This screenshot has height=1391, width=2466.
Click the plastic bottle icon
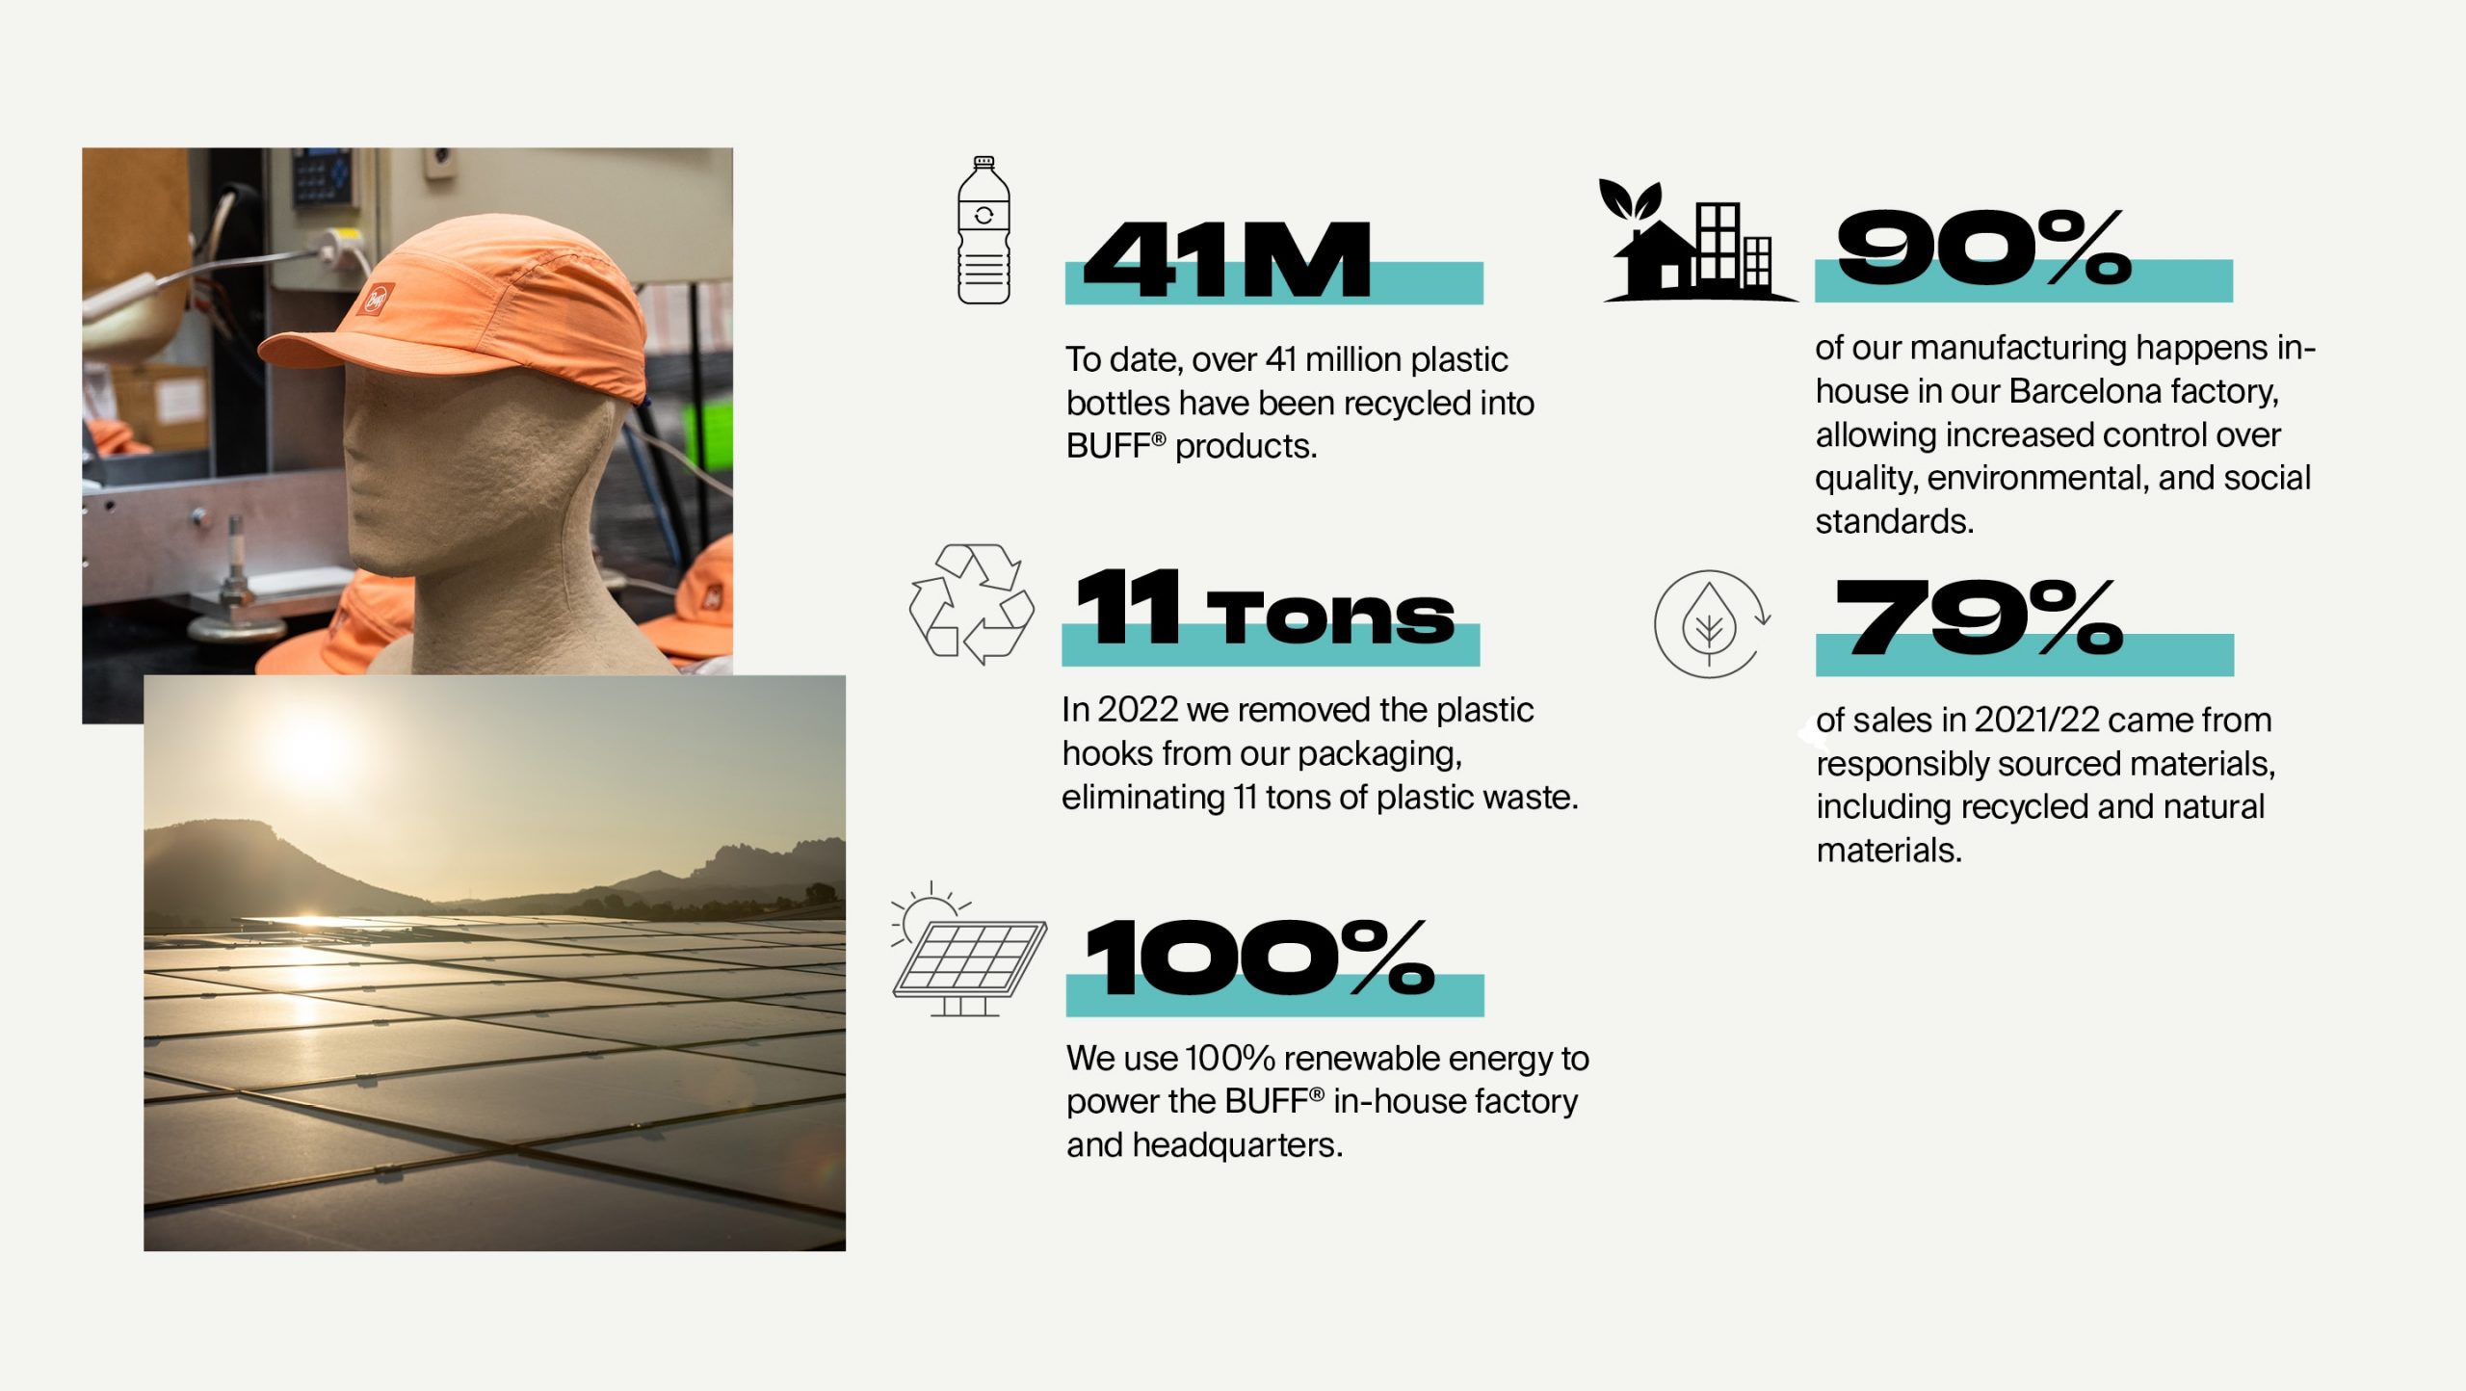984,230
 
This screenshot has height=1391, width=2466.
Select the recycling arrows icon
972,604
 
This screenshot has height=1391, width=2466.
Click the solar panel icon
969,949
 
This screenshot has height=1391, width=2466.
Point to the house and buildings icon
1697,240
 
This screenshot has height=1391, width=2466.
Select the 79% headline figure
1979,617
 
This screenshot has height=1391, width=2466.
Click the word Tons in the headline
1329,617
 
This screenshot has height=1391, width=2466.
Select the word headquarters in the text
1237,1144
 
